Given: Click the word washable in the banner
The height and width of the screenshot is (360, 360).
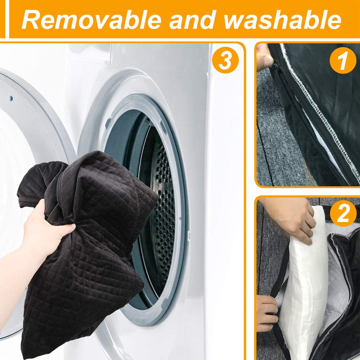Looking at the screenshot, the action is pos(282,19).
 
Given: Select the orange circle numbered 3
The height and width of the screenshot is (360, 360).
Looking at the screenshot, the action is pos(225,60).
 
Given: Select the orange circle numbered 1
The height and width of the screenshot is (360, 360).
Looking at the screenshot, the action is pos(343,60).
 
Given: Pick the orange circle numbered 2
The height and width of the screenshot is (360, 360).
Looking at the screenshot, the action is pos(343,213).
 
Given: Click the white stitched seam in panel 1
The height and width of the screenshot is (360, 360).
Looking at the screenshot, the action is pos(319,110).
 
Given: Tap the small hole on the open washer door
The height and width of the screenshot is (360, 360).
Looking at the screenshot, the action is pos(11,98).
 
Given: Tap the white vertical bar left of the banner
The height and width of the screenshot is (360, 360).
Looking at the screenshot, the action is pos(7,19).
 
